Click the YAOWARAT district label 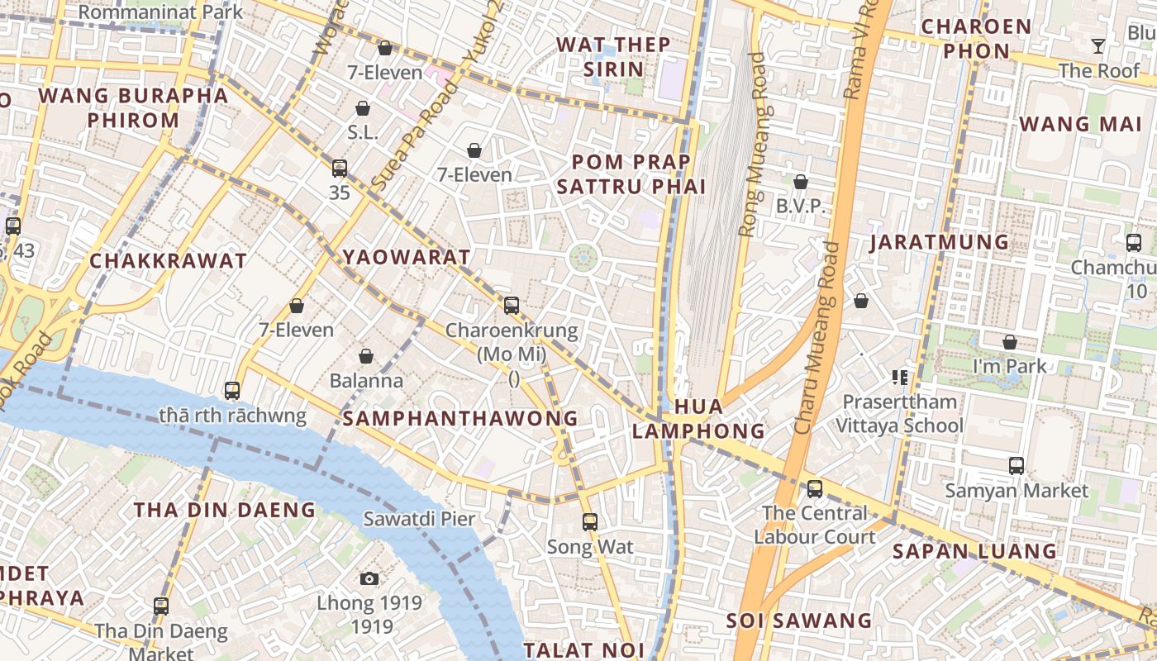pos(407,257)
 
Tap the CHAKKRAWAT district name pos(168,261)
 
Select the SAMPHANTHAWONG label pos(460,418)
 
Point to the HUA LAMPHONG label pos(698,419)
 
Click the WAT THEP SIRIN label pos(613,56)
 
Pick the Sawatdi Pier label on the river pos(419,519)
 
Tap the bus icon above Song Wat pos(589,522)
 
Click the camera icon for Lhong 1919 pos(369,578)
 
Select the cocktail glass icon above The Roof pos(1097,46)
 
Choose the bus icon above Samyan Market pos(1017,466)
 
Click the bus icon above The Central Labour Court pos(815,489)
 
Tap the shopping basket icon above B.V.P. pos(800,182)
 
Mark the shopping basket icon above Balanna pos(366,356)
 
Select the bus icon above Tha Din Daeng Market pos(161,606)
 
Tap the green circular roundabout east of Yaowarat pos(583,258)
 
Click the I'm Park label pos(1009,366)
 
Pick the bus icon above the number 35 pos(339,169)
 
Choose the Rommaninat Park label pos(161,12)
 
